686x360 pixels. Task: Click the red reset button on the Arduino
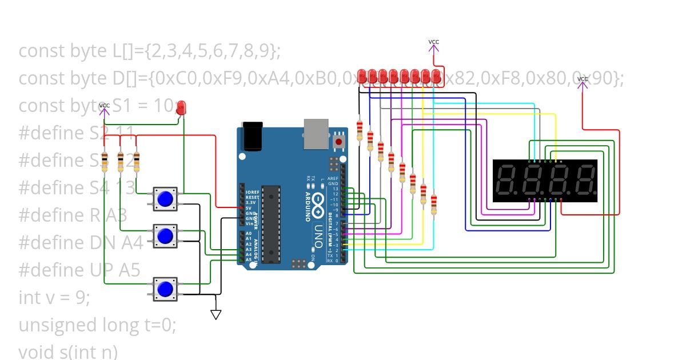(x=339, y=141)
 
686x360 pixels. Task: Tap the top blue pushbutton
(x=165, y=199)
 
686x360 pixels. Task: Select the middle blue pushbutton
(x=165, y=235)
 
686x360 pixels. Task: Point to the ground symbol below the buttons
(x=216, y=314)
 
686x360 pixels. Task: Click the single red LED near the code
(x=181, y=107)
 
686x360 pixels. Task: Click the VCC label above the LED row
(x=434, y=42)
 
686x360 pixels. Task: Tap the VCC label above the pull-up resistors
(x=104, y=106)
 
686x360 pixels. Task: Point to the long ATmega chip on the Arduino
(x=271, y=223)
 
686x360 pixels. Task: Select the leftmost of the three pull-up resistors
(x=105, y=162)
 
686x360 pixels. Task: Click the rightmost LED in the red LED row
(x=437, y=76)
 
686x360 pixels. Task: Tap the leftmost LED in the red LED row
(x=362, y=76)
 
